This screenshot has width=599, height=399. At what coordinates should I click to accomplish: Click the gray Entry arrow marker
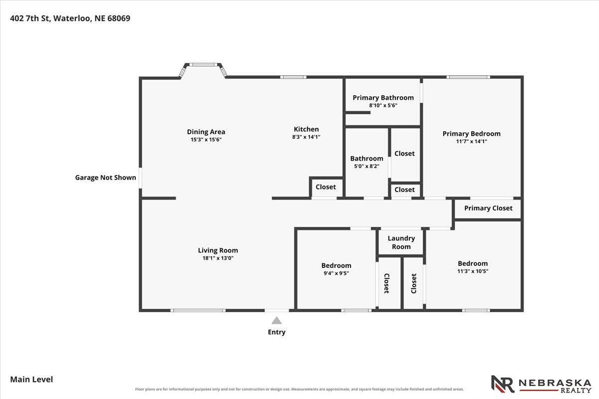click(277, 320)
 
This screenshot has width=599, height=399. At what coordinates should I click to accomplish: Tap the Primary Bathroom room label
click(383, 98)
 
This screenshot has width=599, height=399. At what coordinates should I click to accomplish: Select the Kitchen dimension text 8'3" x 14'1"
click(306, 137)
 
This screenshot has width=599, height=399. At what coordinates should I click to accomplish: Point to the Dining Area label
click(206, 132)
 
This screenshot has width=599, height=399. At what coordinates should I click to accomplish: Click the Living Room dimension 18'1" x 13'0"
click(218, 258)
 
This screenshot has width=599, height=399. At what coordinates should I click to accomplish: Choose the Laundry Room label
click(401, 242)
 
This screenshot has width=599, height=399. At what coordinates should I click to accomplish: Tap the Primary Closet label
click(488, 208)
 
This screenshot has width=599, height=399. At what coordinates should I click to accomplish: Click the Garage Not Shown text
click(105, 178)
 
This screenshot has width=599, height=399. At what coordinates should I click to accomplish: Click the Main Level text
click(31, 379)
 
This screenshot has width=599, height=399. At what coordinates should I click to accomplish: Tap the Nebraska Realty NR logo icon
click(503, 384)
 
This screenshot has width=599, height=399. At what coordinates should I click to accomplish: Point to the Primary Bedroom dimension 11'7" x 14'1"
click(471, 141)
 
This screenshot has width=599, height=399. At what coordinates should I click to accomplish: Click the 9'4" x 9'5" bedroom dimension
click(336, 273)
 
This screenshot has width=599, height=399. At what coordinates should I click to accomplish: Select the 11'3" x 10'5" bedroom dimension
click(473, 271)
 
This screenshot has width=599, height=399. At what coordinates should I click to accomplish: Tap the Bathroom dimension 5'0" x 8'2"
click(366, 166)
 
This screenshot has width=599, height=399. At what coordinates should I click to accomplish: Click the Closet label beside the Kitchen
click(325, 187)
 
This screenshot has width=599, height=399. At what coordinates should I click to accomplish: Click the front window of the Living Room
click(198, 311)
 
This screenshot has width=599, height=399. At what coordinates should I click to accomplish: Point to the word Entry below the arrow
click(277, 332)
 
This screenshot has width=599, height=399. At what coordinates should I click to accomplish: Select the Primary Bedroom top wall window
click(468, 77)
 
